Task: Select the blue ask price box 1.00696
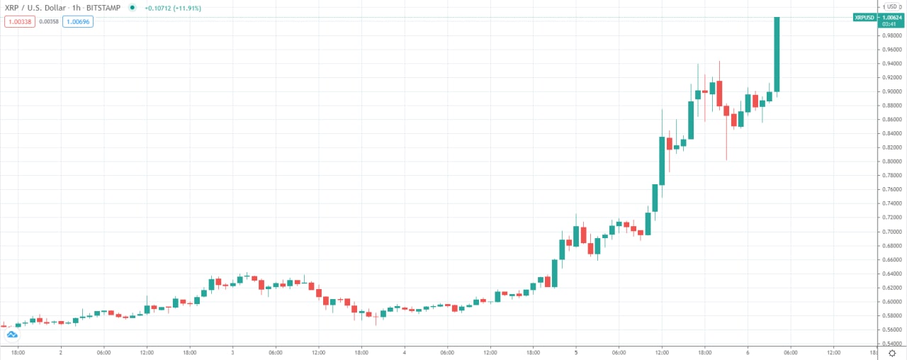coord(78,22)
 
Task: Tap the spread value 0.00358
coord(48,22)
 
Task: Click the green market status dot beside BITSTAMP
coord(132,8)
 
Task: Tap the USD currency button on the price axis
coord(891,7)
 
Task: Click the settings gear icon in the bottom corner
coord(892,352)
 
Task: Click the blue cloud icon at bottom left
coord(11,334)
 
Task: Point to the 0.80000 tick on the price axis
coord(891,162)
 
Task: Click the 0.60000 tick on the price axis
coord(891,302)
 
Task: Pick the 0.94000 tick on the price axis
coord(891,64)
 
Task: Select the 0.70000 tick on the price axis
coord(891,232)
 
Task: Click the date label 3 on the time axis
coord(232,352)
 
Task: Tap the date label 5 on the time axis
coord(576,352)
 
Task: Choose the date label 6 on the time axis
coord(748,352)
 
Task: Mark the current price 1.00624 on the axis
coord(892,17)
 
